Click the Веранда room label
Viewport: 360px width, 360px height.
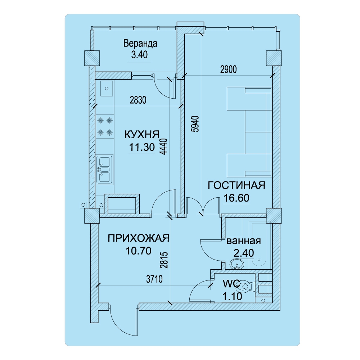point(140,44)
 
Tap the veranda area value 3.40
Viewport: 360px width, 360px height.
point(139,55)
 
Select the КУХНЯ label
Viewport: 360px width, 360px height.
point(142,135)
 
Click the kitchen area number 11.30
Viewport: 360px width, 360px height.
point(142,147)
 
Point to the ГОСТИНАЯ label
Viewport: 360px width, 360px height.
point(237,185)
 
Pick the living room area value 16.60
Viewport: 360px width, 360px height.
point(237,198)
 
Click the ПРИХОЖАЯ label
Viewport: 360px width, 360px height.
point(139,238)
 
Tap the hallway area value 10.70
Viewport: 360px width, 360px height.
point(139,251)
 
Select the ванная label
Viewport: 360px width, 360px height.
point(244,241)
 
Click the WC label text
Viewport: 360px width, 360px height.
point(231,284)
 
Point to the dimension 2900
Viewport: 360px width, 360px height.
point(229,69)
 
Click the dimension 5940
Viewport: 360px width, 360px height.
point(195,124)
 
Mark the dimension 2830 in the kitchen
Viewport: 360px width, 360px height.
point(138,100)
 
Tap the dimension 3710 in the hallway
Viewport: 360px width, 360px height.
point(154,279)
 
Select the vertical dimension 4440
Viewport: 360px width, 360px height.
point(165,146)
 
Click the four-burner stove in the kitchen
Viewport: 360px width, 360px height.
point(105,126)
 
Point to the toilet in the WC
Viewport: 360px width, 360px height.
point(246,287)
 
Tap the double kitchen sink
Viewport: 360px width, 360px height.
point(105,170)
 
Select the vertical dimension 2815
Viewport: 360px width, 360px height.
point(165,260)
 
